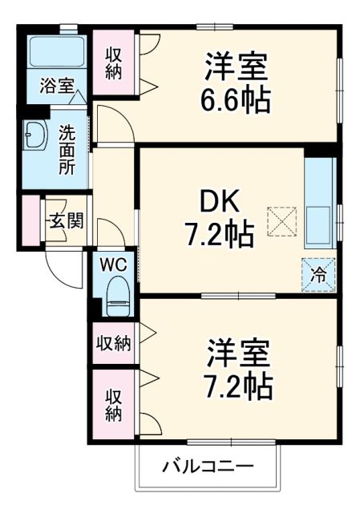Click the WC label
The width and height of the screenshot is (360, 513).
click(x=114, y=264)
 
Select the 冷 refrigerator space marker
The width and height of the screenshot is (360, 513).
click(x=318, y=275)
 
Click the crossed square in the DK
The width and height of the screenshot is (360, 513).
click(x=282, y=222)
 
